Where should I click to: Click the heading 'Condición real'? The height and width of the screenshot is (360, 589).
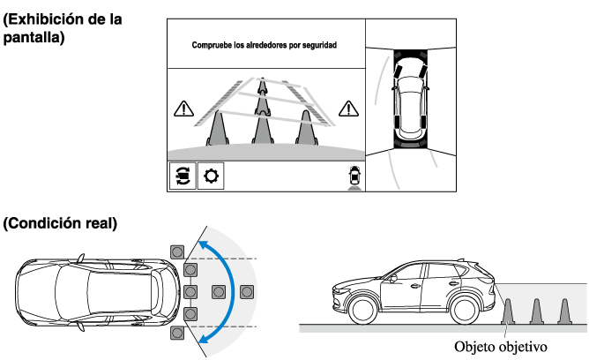click(60, 224)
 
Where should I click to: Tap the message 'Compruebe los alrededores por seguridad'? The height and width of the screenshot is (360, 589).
click(265, 43)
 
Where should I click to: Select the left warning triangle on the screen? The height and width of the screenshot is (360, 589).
click(183, 109)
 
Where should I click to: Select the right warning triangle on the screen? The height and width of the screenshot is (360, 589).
click(349, 109)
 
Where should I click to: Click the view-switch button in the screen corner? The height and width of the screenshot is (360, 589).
click(182, 176)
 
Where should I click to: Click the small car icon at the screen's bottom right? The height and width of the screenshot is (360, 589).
click(354, 176)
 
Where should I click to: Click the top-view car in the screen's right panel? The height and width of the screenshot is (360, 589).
click(411, 96)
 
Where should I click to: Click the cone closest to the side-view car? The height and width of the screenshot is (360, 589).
click(507, 311)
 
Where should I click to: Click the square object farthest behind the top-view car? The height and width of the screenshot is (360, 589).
click(247, 291)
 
